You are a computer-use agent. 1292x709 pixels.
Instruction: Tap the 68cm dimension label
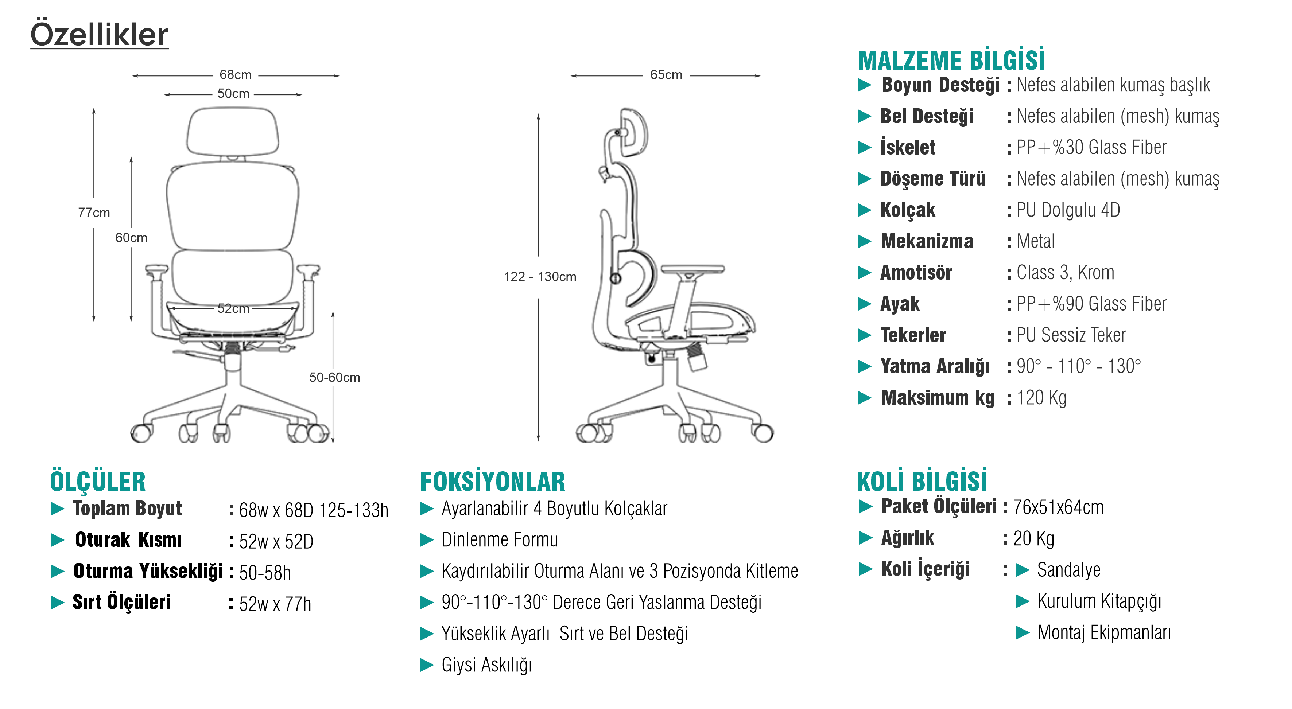tap(235, 75)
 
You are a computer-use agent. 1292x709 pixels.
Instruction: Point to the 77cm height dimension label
tap(94, 213)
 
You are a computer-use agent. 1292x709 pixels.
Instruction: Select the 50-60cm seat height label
tap(334, 377)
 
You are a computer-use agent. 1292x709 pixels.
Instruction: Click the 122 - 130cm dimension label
tap(540, 277)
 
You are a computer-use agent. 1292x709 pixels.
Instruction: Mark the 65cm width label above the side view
tap(666, 75)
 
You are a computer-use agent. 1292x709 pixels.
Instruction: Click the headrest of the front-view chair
tap(233, 131)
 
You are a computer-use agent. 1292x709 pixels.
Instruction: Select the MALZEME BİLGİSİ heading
tap(951, 61)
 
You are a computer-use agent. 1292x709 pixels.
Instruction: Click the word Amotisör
tap(916, 273)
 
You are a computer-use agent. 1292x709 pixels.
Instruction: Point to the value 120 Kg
tap(1041, 398)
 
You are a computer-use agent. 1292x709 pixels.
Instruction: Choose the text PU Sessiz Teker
tap(1071, 335)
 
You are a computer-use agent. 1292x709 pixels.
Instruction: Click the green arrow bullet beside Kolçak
tap(864, 210)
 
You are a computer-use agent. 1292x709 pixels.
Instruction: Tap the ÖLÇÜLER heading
tap(98, 482)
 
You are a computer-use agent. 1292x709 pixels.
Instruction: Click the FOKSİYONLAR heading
tap(493, 482)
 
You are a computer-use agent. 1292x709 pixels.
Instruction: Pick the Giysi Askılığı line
tap(486, 665)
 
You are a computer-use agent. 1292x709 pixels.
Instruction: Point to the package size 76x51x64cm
tap(1058, 507)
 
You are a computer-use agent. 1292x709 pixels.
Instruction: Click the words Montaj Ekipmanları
tap(1104, 633)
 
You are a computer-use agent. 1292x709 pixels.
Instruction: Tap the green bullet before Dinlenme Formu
tap(427, 540)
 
